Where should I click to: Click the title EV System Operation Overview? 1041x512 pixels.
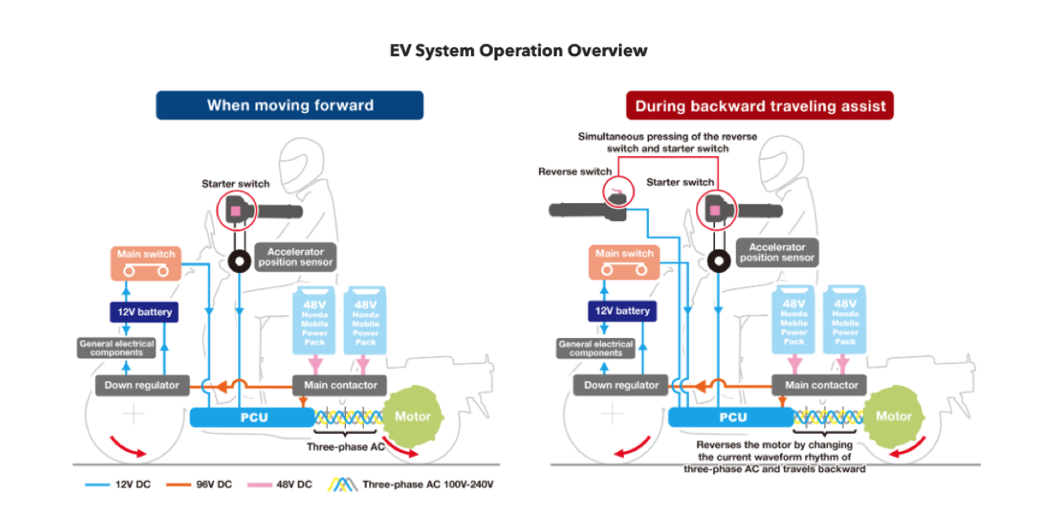pyautogui.click(x=519, y=50)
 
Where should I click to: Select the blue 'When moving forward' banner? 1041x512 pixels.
pyautogui.click(x=290, y=105)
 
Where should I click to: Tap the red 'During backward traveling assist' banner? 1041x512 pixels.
pyautogui.click(x=760, y=106)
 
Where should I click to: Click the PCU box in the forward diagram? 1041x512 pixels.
pyautogui.click(x=251, y=417)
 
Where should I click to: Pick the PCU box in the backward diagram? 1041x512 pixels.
pyautogui.click(x=730, y=417)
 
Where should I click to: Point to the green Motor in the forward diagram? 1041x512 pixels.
pyautogui.click(x=412, y=416)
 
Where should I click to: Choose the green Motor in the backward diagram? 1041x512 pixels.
pyautogui.click(x=892, y=416)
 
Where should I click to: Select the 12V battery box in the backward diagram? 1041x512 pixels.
pyautogui.click(x=622, y=311)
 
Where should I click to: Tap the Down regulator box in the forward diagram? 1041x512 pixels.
pyautogui.click(x=142, y=385)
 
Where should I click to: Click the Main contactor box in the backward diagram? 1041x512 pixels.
pyautogui.click(x=821, y=385)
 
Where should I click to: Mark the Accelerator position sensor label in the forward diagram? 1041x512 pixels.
pyautogui.click(x=295, y=258)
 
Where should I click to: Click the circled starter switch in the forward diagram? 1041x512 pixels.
pyautogui.click(x=236, y=211)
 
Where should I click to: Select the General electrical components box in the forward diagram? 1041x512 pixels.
pyautogui.click(x=116, y=348)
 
